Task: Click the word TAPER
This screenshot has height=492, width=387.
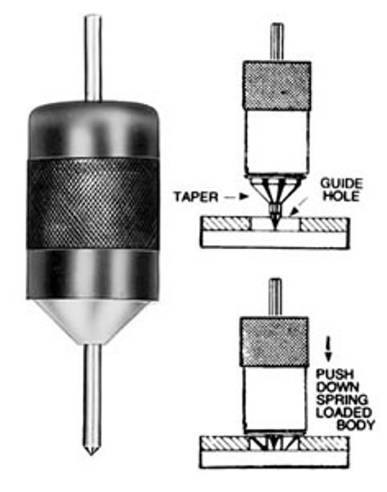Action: pyautogui.click(x=196, y=197)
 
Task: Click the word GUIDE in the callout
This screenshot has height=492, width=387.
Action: pyautogui.click(x=341, y=184)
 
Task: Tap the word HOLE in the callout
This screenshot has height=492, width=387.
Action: pyautogui.click(x=341, y=196)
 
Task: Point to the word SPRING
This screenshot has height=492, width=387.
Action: pyautogui.click(x=342, y=399)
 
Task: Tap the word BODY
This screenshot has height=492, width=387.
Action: pyautogui.click(x=356, y=425)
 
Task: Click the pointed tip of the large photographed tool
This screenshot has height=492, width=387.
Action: pyautogui.click(x=91, y=454)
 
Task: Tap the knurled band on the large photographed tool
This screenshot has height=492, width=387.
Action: pyautogui.click(x=92, y=203)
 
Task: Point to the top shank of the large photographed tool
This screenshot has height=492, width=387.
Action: pyautogui.click(x=94, y=58)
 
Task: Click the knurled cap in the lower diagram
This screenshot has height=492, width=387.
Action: pyautogui.click(x=273, y=342)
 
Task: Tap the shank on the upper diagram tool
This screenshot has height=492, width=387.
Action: pyautogui.click(x=277, y=42)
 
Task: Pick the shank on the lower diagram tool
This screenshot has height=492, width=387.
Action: pyautogui.click(x=275, y=298)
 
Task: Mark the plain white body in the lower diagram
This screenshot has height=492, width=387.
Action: pyautogui.click(x=275, y=399)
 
